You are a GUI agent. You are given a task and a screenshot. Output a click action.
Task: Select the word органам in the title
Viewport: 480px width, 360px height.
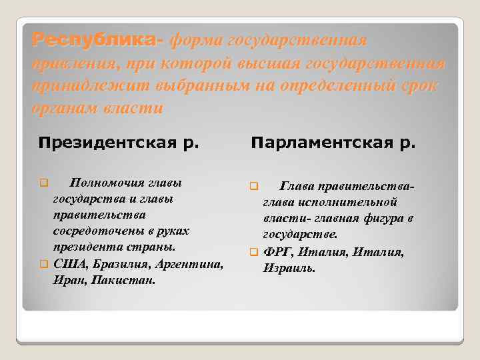65,107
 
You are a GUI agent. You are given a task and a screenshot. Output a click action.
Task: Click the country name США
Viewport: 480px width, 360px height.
67,264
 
